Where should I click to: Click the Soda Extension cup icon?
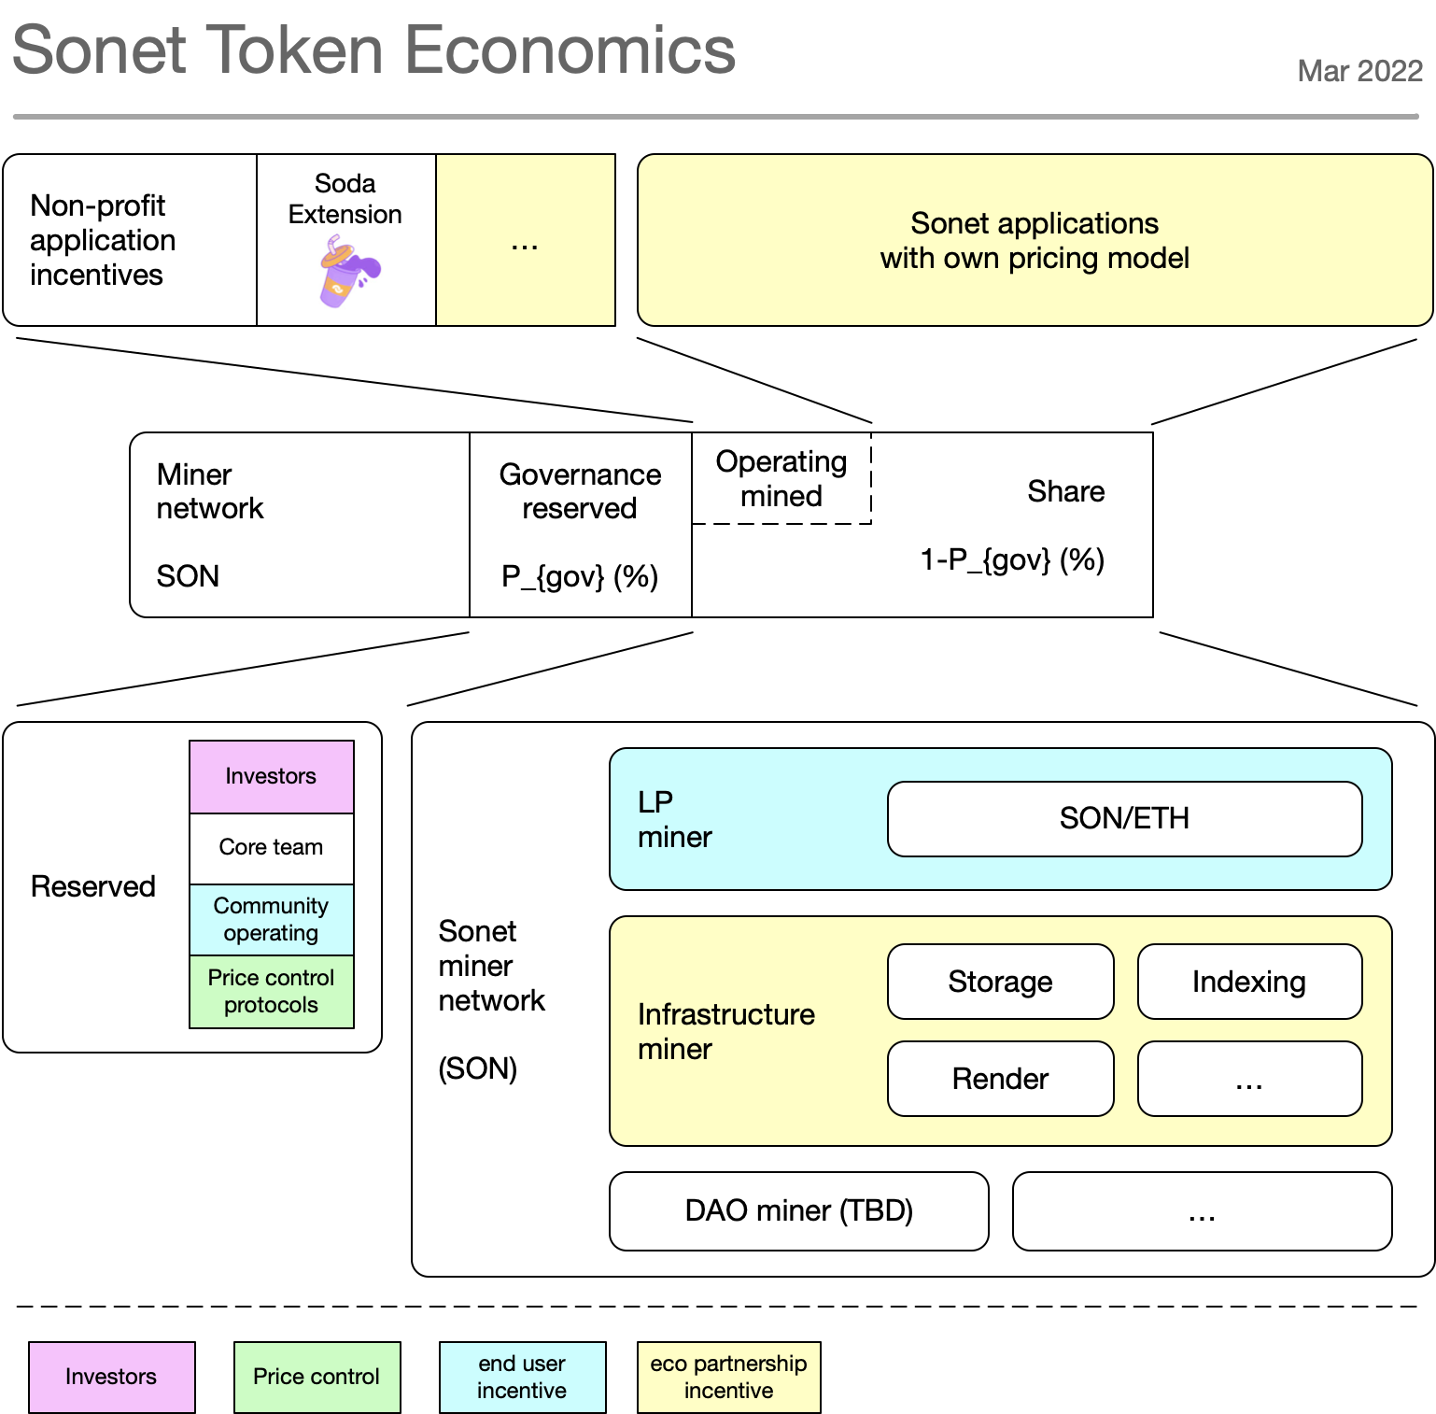(x=347, y=272)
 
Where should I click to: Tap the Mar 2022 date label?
(x=1359, y=71)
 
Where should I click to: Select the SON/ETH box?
(x=1124, y=819)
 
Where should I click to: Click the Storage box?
(x=1000, y=982)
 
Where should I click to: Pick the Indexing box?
(x=1249, y=982)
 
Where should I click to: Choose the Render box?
(x=1000, y=1079)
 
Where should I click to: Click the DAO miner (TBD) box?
(x=798, y=1210)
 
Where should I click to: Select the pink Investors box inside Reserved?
(x=271, y=776)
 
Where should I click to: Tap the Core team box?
(x=271, y=847)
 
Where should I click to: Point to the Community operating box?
(x=271, y=919)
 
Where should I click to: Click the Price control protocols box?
(x=271, y=991)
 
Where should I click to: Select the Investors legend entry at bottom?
(x=111, y=1377)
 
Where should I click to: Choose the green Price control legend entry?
(x=317, y=1377)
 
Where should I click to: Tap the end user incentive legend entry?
(x=522, y=1377)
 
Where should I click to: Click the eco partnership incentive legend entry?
(x=728, y=1377)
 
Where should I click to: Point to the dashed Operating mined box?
(x=781, y=478)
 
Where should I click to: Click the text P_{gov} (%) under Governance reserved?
(x=580, y=576)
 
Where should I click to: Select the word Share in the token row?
(x=1065, y=491)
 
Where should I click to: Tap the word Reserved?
(x=93, y=886)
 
